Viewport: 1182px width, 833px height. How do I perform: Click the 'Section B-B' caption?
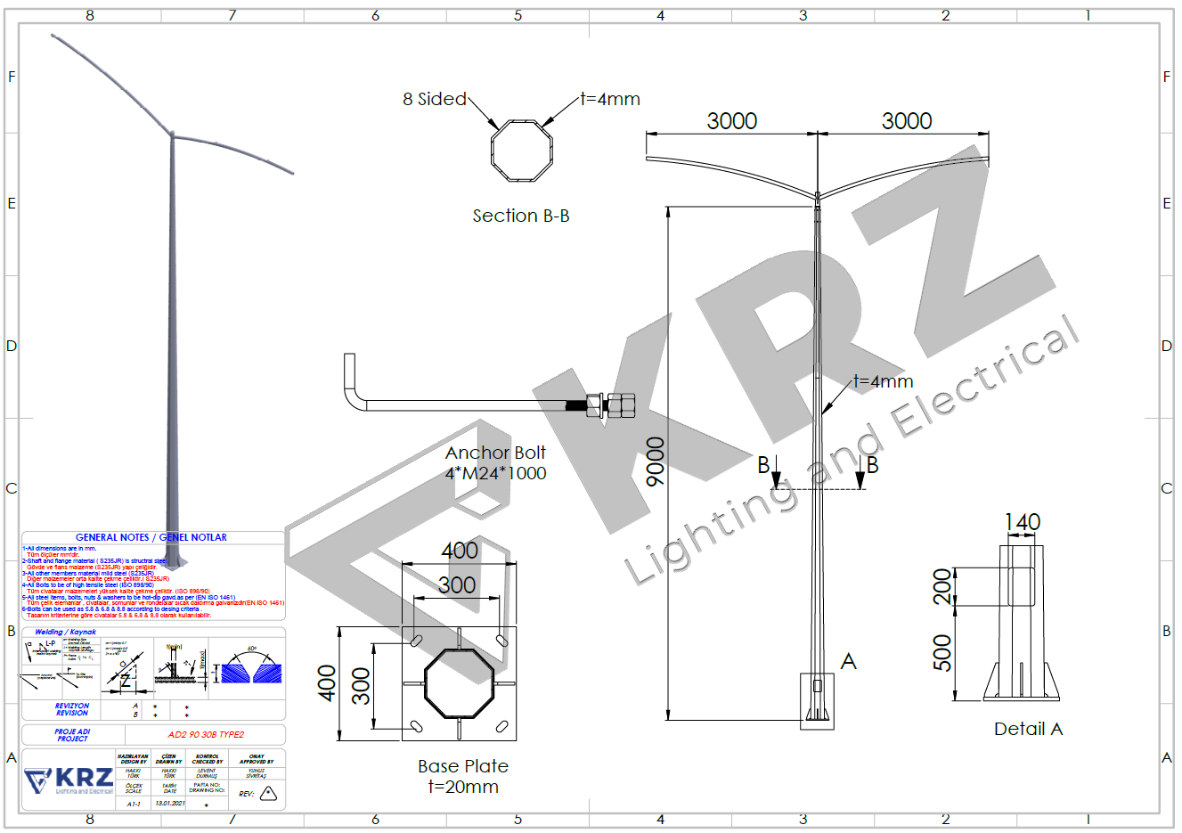(520, 216)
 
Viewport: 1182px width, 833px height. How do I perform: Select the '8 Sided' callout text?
(434, 99)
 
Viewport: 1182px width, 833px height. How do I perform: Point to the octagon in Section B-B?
(521, 151)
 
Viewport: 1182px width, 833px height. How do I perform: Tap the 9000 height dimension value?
(656, 461)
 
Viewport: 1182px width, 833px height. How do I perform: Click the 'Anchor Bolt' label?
(495, 453)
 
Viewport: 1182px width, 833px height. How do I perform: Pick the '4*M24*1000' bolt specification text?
(495, 473)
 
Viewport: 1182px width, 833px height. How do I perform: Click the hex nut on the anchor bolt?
(622, 405)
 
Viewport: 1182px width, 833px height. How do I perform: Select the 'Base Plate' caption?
(463, 766)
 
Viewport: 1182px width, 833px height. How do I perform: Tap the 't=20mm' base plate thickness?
(463, 787)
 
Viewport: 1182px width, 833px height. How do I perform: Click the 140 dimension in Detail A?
(1022, 522)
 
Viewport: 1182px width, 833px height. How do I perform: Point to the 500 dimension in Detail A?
(942, 653)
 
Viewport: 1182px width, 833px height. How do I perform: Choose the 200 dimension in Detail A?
(942, 587)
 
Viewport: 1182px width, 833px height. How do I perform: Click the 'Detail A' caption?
(1028, 729)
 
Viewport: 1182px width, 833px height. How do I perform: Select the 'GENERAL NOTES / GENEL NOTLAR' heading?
(151, 537)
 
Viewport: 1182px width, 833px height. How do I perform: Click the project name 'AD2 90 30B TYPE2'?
(206, 735)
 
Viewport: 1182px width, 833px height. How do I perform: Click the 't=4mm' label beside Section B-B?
(610, 99)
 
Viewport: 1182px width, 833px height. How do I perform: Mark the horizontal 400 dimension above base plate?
(460, 551)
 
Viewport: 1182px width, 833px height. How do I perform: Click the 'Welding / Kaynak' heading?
(65, 632)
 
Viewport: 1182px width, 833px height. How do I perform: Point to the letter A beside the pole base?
(848, 661)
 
